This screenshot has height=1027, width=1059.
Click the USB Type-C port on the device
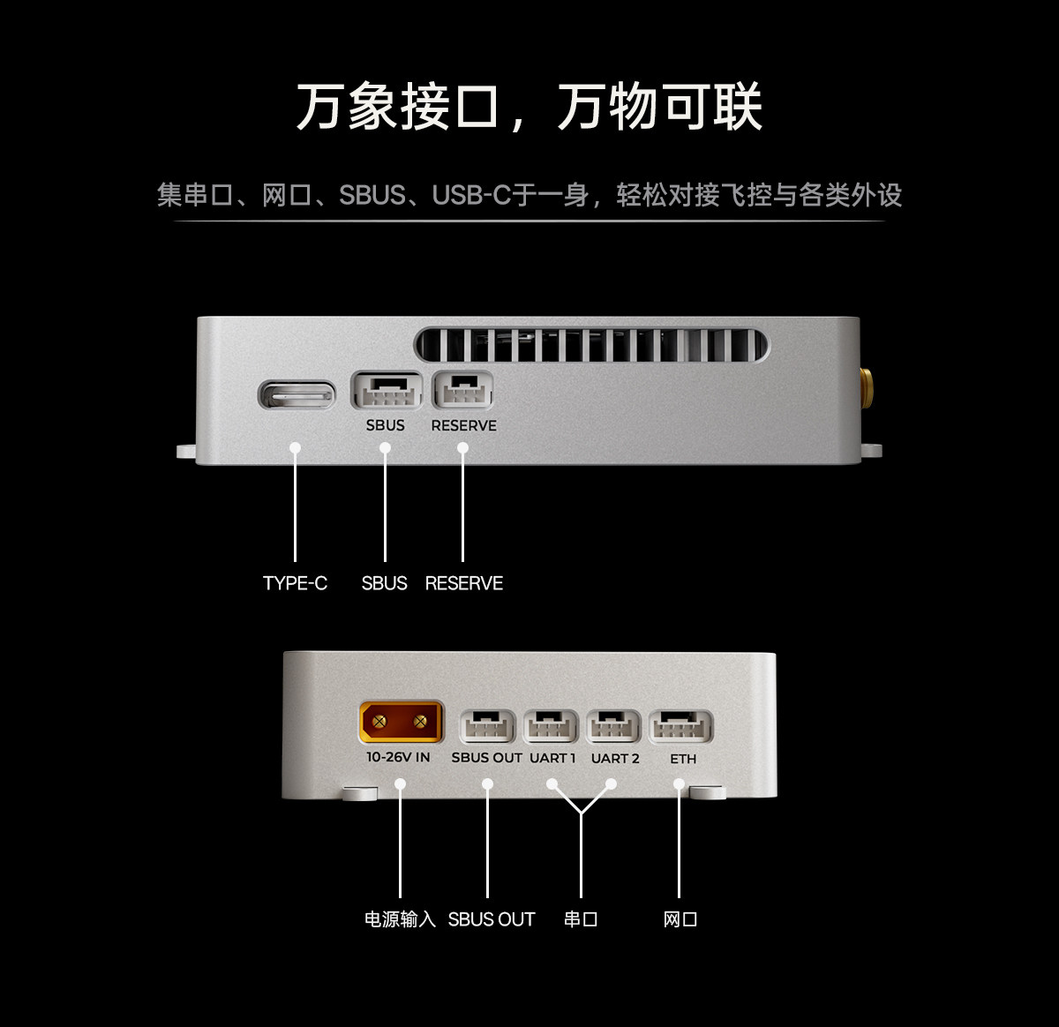[297, 394]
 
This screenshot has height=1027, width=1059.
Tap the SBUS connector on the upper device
[386, 391]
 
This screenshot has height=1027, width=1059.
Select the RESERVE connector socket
[462, 391]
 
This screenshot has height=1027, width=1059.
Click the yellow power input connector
[400, 723]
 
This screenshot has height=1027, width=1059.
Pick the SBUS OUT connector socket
[488, 728]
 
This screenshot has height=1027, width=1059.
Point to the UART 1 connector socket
[551, 728]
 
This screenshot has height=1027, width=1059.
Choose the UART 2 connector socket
[613, 728]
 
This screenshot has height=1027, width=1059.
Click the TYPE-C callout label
[295, 583]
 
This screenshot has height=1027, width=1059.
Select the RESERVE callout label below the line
[463, 583]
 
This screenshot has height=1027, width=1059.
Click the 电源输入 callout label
[400, 919]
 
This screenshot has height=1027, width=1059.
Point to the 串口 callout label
[581, 919]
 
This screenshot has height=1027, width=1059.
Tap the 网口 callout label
[680, 919]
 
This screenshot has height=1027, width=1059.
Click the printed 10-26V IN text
[398, 757]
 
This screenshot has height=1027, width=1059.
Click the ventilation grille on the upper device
[591, 345]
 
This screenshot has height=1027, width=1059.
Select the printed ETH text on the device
[683, 759]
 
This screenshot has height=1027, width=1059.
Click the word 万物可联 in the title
[659, 108]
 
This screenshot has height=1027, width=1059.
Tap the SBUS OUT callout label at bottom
[491, 919]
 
